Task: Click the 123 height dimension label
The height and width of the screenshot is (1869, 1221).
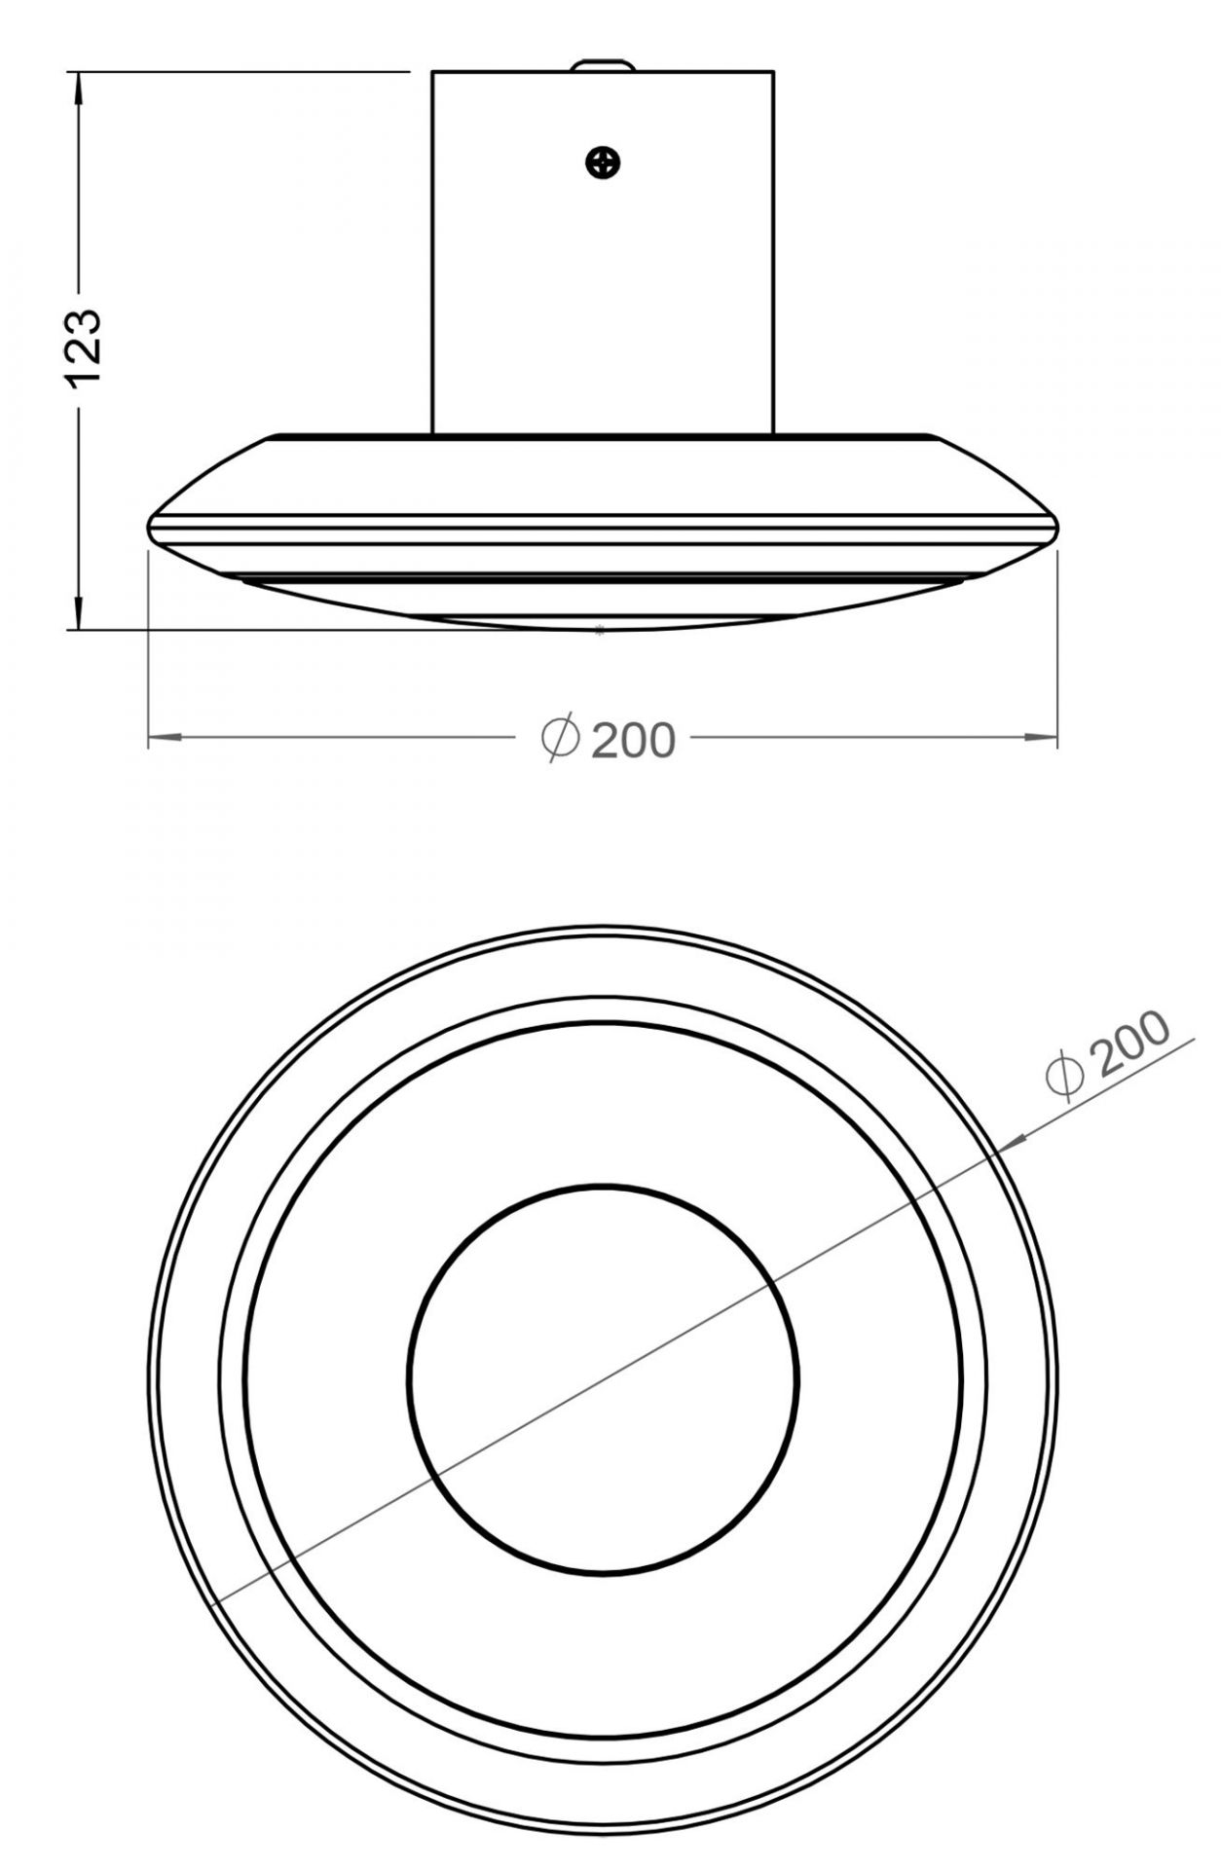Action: coord(86,348)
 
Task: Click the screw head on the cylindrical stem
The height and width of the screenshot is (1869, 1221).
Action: coord(604,162)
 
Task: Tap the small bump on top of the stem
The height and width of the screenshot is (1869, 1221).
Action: coord(603,65)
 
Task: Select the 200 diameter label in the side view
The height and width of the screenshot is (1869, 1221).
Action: coord(633,742)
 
